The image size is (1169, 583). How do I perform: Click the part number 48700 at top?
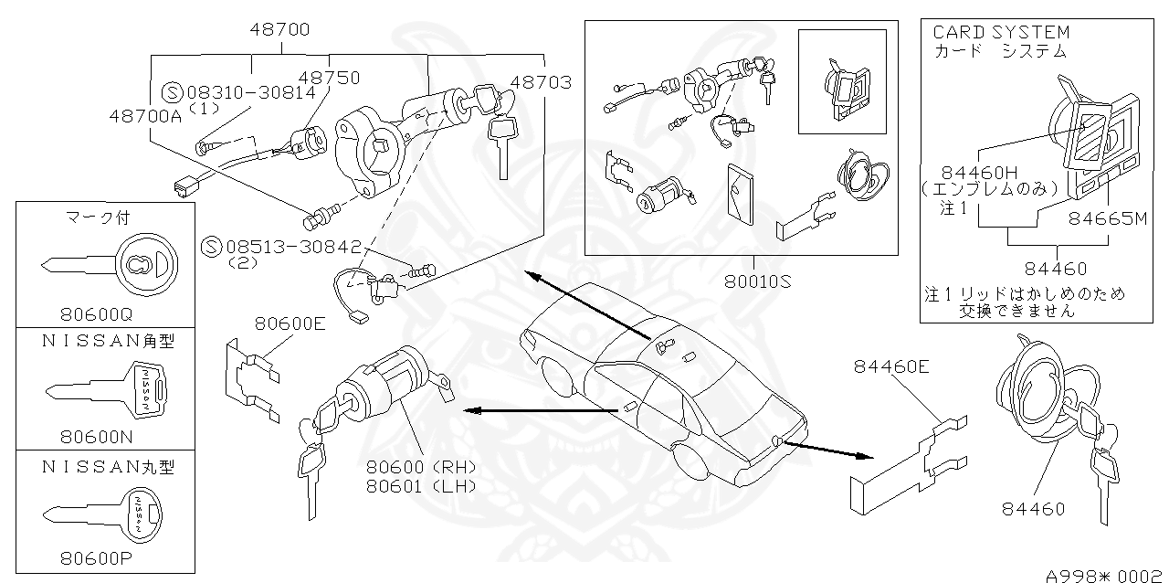tap(279, 29)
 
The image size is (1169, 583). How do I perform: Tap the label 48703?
tap(541, 82)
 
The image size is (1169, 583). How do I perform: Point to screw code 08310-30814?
tap(251, 92)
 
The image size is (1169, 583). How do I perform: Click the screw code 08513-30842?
tap(293, 246)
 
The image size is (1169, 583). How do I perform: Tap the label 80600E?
tap(290, 323)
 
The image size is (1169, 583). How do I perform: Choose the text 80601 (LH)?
tap(421, 486)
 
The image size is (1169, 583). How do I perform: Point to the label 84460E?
tap(891, 366)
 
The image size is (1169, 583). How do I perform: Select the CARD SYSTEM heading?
tap(1001, 32)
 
